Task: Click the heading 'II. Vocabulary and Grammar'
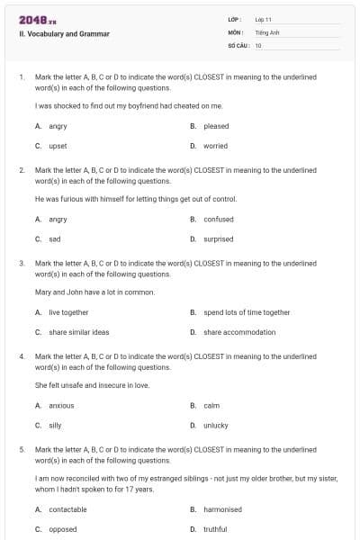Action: coord(64,33)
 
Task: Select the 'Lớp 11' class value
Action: coord(264,19)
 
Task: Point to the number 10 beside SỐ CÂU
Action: coord(258,45)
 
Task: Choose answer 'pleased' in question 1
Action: coord(216,126)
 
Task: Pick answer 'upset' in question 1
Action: coord(58,146)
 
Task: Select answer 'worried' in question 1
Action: coord(215,146)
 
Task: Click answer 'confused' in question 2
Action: coord(218,219)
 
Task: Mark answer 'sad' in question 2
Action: coord(55,238)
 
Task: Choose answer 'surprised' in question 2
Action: coord(218,238)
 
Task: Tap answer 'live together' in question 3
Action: coord(68,312)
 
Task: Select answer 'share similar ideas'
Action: coord(78,332)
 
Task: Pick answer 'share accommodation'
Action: coord(239,332)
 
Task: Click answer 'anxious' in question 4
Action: coord(61,405)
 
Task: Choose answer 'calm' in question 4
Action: coord(211,405)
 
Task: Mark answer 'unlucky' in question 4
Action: coord(216,425)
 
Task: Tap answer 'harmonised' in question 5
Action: coord(222,509)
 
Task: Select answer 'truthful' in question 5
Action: coord(215,529)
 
